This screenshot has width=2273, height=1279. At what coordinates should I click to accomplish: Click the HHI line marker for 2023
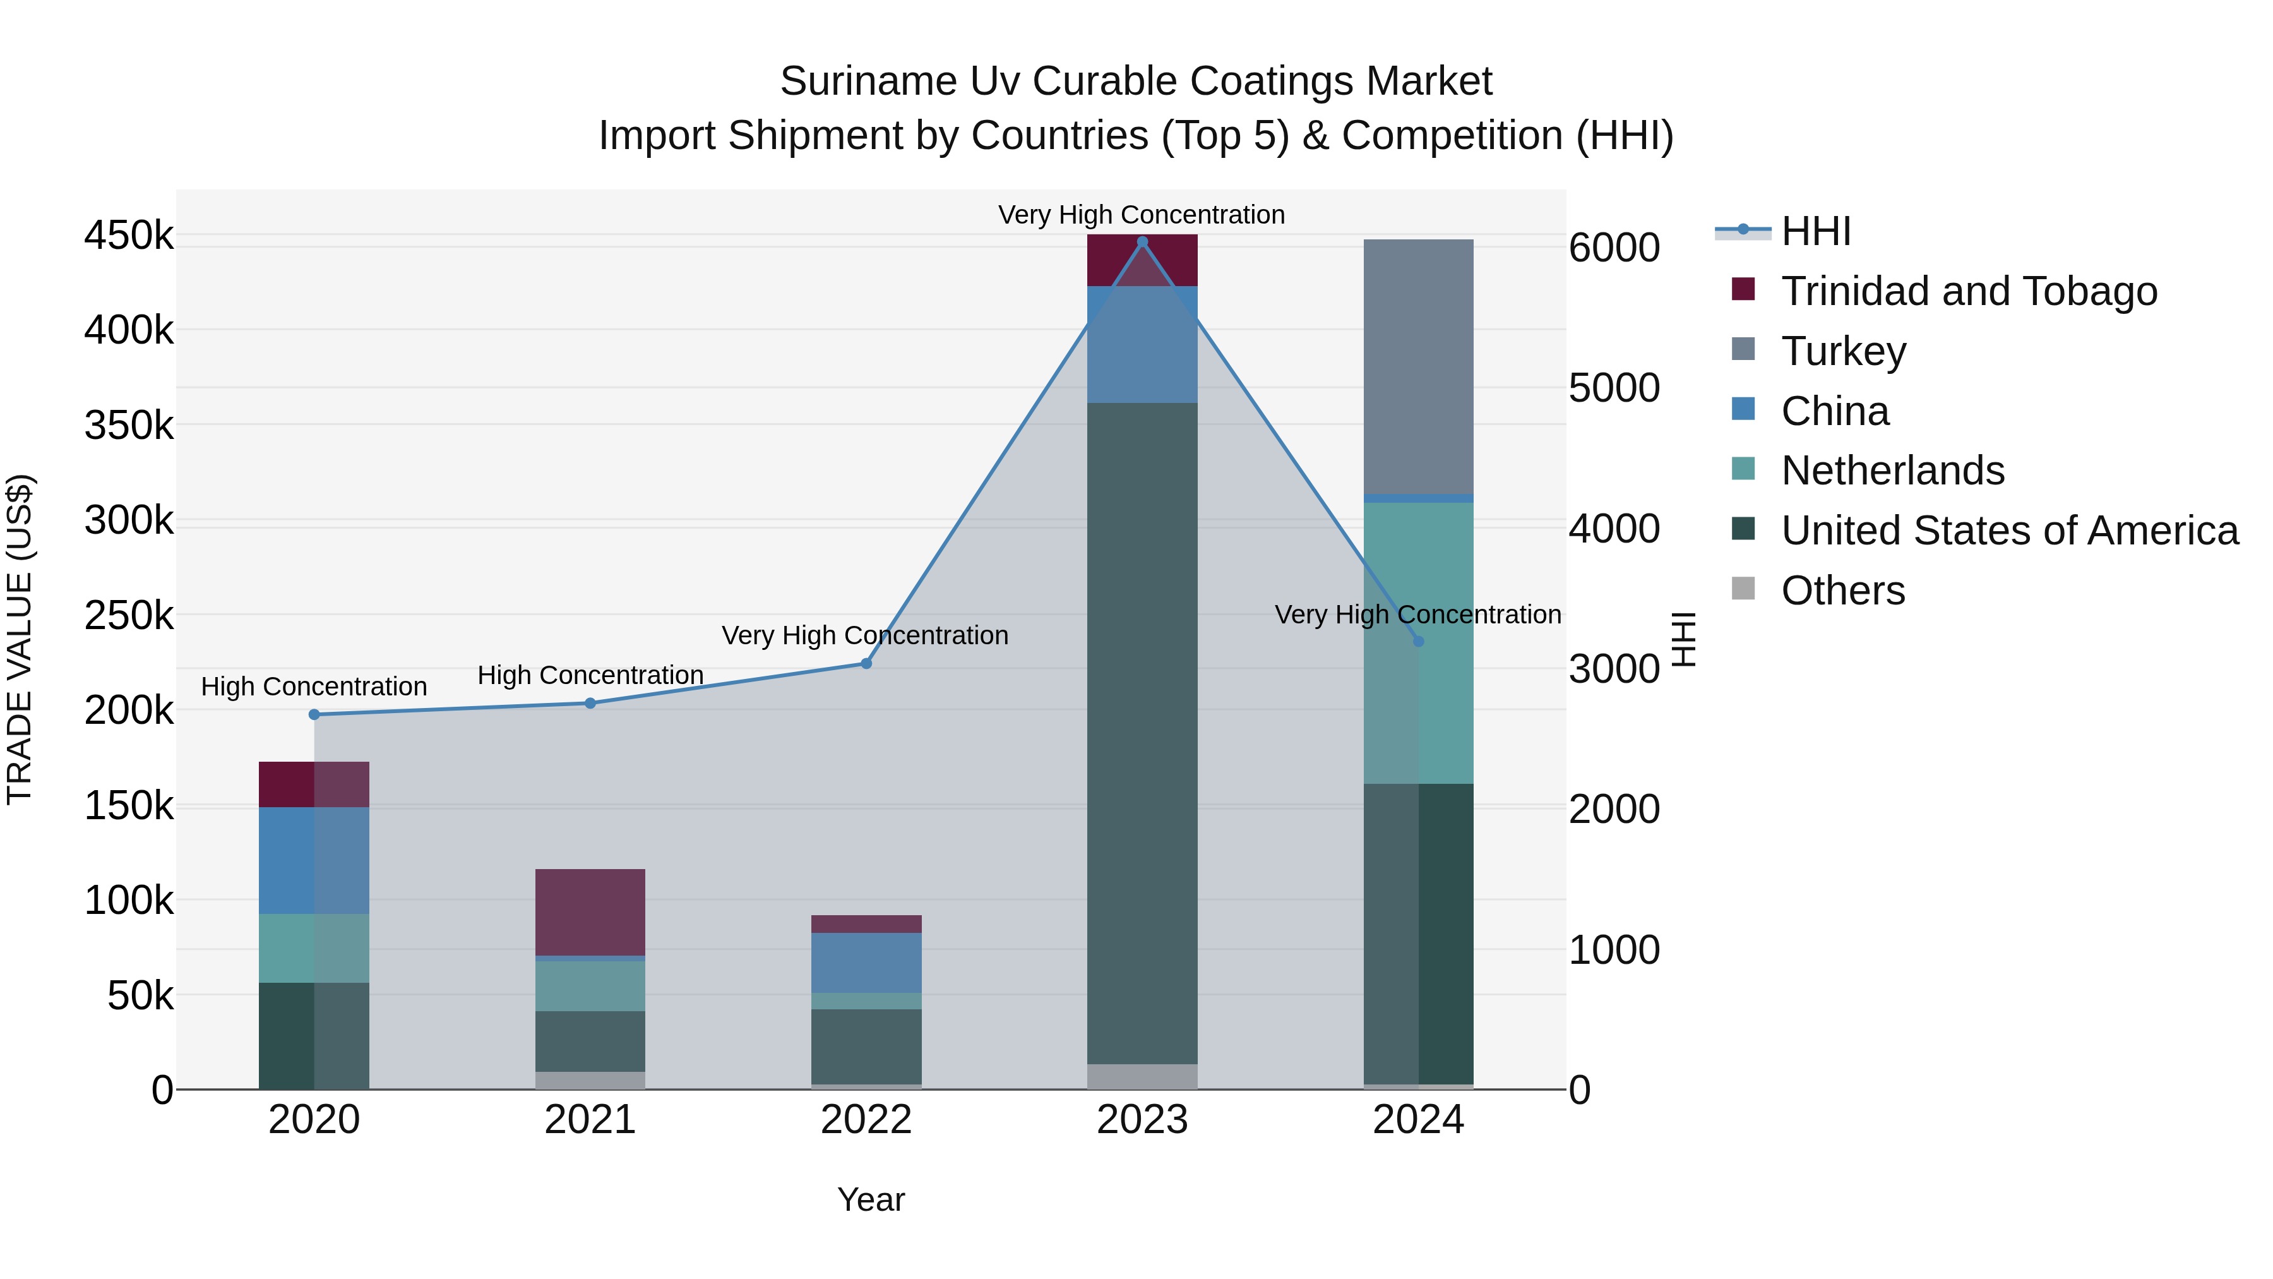coord(1142,241)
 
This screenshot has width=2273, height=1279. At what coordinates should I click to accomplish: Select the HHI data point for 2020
coord(314,714)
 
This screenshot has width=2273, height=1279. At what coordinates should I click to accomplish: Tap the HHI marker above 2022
coord(866,663)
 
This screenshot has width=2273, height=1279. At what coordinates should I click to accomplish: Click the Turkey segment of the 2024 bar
coord(1418,366)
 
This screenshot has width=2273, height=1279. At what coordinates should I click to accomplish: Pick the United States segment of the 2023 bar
coord(1142,733)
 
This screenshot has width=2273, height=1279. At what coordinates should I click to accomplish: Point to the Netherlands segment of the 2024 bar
coord(1418,642)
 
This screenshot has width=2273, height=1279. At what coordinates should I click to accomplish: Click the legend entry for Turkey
coord(1842,351)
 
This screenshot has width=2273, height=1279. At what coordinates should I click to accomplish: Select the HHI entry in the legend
coord(1815,231)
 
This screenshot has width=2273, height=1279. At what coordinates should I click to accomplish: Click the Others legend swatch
coord(1743,589)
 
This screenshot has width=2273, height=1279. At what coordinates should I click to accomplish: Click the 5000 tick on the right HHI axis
coord(1614,388)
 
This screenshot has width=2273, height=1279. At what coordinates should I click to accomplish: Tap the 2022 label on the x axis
coord(866,1119)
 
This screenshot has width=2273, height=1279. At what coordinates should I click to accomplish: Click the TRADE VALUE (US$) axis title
coord(20,639)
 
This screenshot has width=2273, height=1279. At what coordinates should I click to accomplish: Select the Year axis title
coord(871,1199)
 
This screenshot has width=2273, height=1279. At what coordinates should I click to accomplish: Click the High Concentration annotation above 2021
coord(590,675)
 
